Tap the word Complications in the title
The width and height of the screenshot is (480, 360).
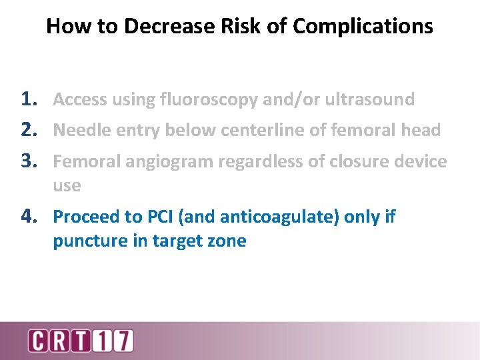click(x=363, y=26)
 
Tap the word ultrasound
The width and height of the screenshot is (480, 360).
click(x=369, y=100)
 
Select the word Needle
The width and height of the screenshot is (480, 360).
click(x=76, y=131)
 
